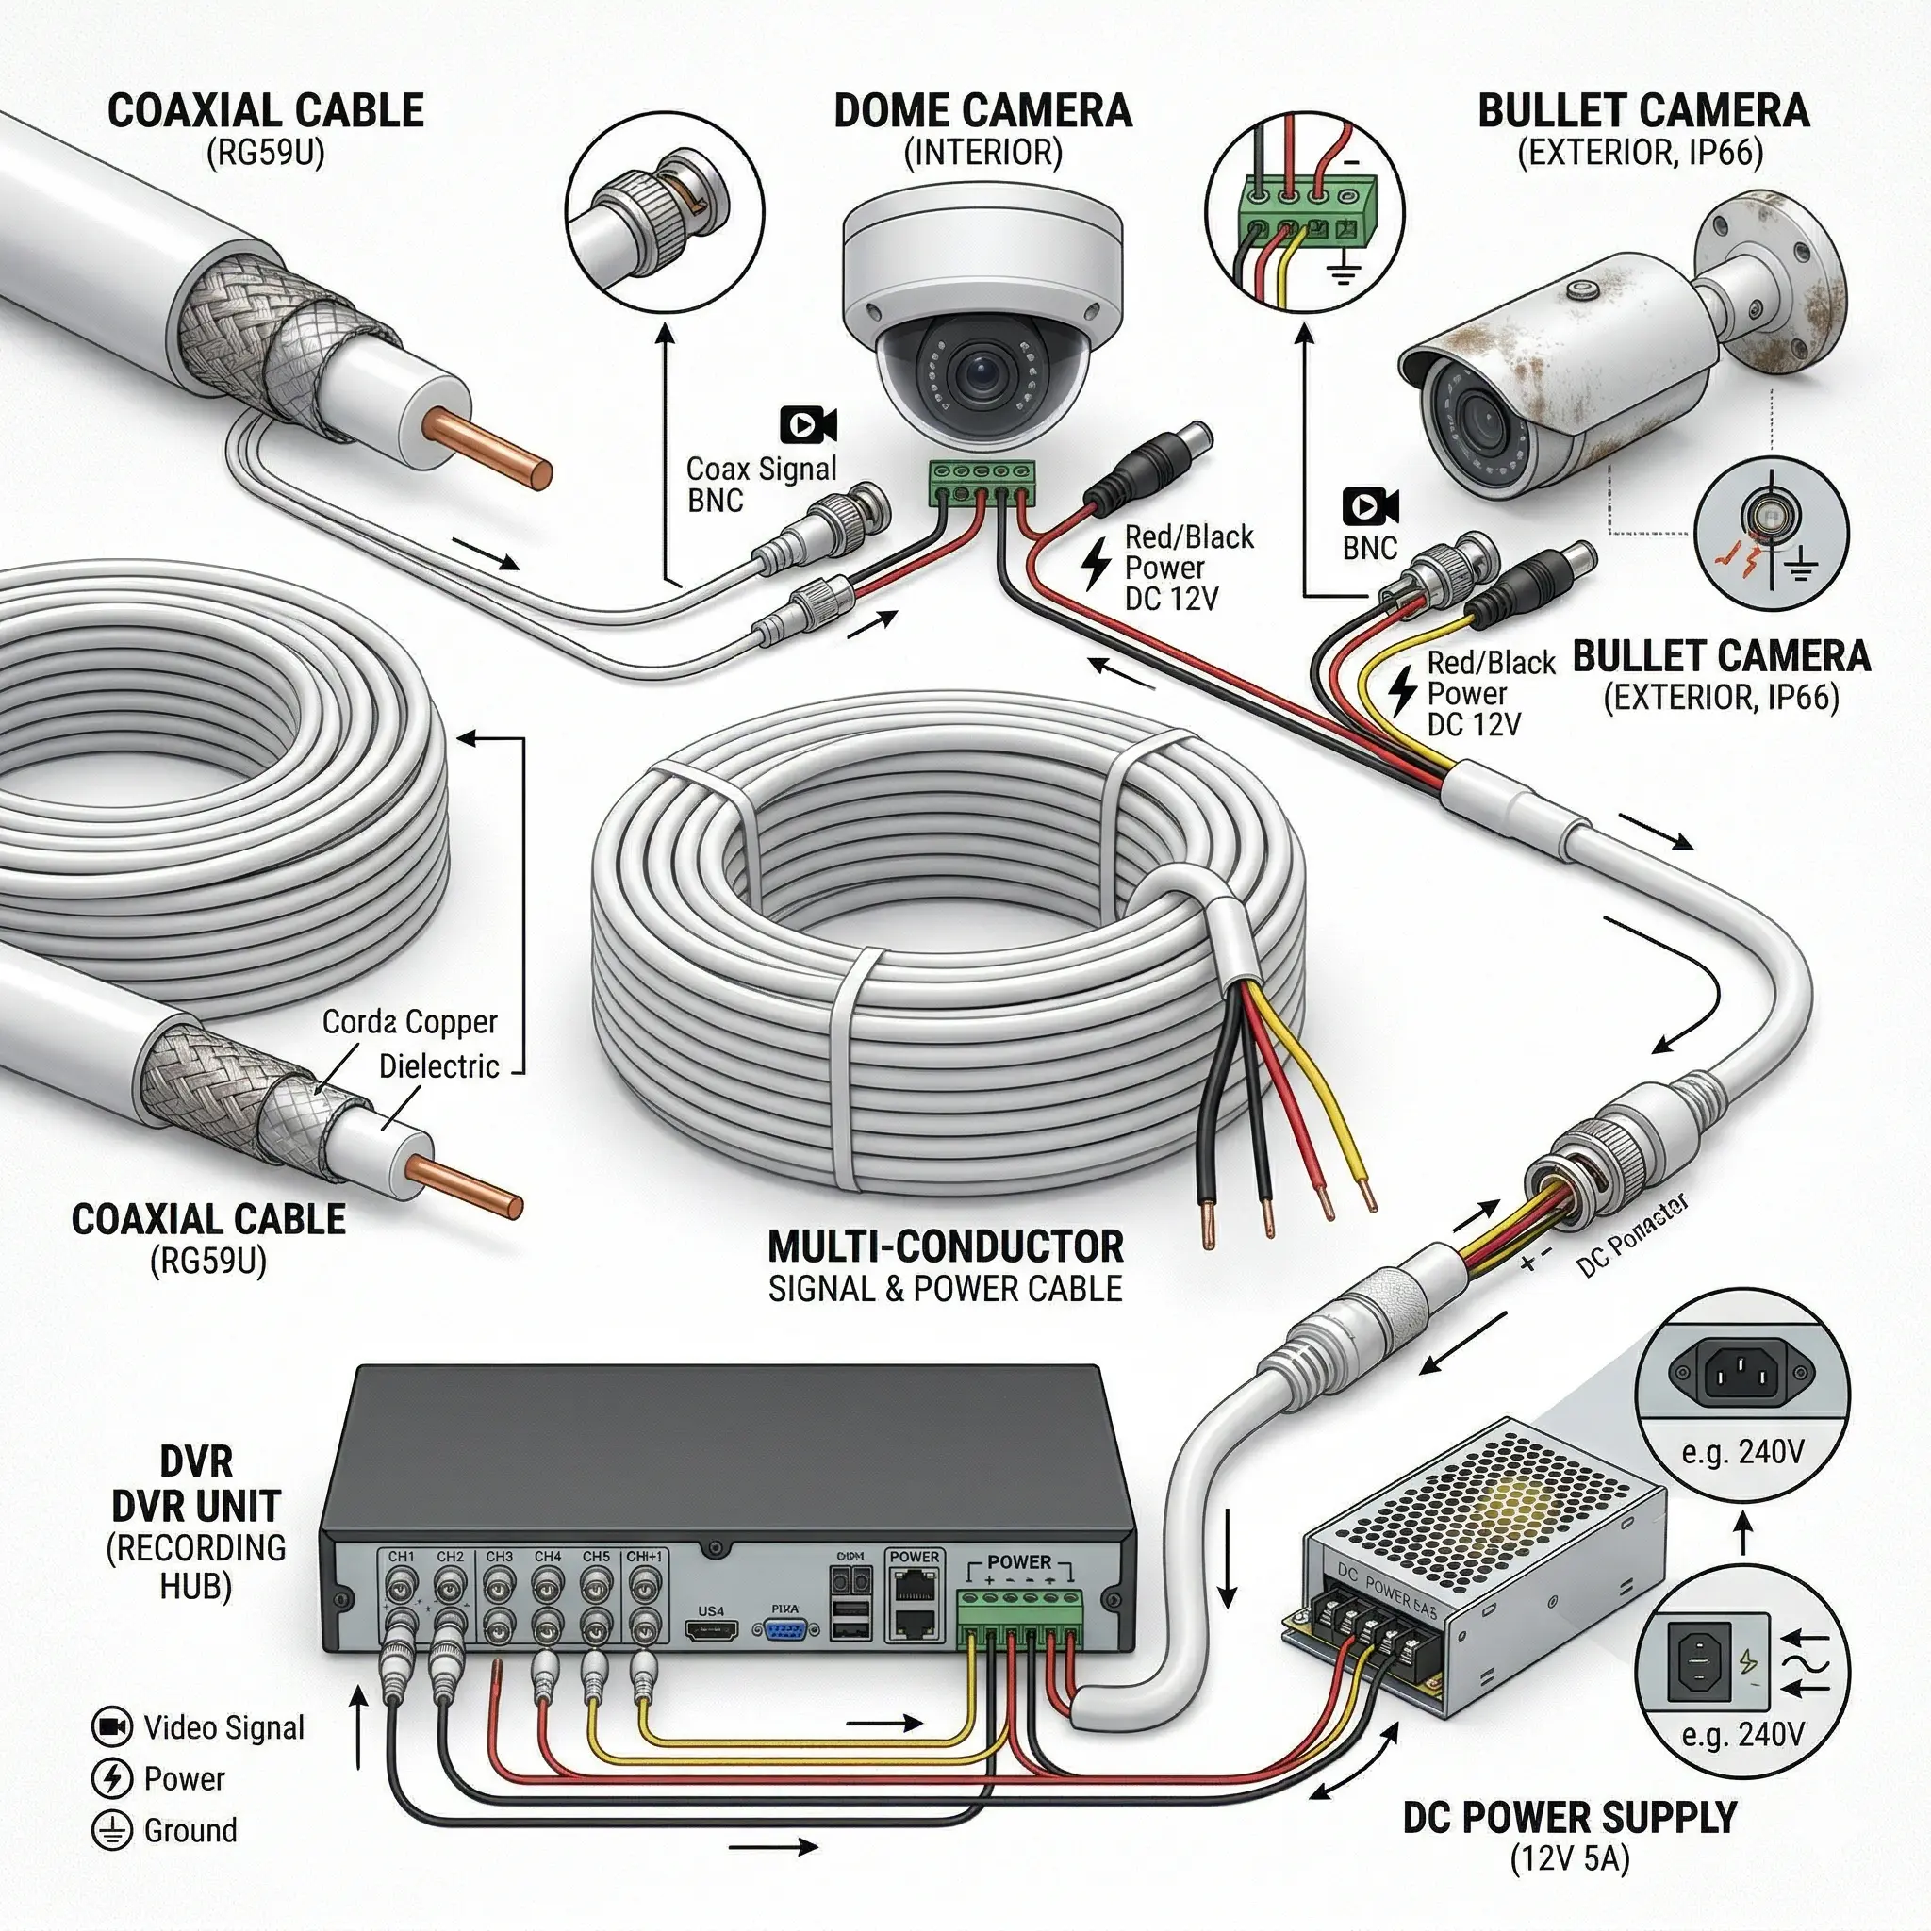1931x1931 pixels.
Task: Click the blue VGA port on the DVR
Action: [785, 1631]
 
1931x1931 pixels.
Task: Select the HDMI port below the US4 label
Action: [712, 1631]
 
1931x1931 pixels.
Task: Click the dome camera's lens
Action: [978, 376]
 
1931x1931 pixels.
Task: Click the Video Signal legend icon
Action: [111, 1726]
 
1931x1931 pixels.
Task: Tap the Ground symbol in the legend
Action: [111, 1830]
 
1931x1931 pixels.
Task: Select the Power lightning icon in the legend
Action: [111, 1778]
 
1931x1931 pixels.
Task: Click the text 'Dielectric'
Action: [438, 1066]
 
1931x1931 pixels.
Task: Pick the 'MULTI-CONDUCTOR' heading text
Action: [946, 1246]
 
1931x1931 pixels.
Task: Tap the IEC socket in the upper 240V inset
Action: [1741, 1370]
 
